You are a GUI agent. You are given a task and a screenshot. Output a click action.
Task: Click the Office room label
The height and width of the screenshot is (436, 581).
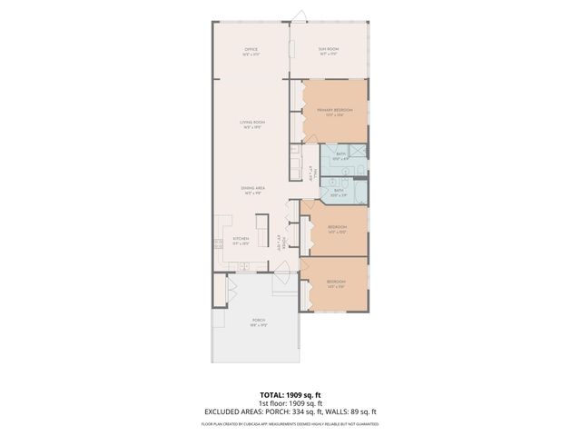tap(251, 51)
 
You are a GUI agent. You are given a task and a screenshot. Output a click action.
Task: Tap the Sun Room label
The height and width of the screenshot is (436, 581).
tap(329, 51)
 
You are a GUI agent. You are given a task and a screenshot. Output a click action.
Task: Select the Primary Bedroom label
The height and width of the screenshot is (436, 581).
tap(334, 112)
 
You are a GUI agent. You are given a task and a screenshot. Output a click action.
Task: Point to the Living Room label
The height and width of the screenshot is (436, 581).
tap(251, 124)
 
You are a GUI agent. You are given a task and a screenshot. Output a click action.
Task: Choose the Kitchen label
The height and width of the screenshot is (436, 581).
tap(240, 241)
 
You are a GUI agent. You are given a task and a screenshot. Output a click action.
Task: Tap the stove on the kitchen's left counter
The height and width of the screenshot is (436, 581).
tap(218, 243)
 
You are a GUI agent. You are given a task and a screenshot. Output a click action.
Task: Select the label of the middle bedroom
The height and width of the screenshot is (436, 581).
tap(336, 229)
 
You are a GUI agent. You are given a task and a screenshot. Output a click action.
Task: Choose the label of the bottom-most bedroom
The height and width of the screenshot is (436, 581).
tap(336, 285)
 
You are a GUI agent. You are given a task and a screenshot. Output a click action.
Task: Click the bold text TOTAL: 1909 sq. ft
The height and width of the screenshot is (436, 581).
tap(290, 395)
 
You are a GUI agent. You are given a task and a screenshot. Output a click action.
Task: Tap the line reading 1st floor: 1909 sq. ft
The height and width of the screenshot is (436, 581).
tap(290, 403)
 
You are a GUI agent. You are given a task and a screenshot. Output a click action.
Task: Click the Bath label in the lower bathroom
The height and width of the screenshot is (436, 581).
tap(338, 193)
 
